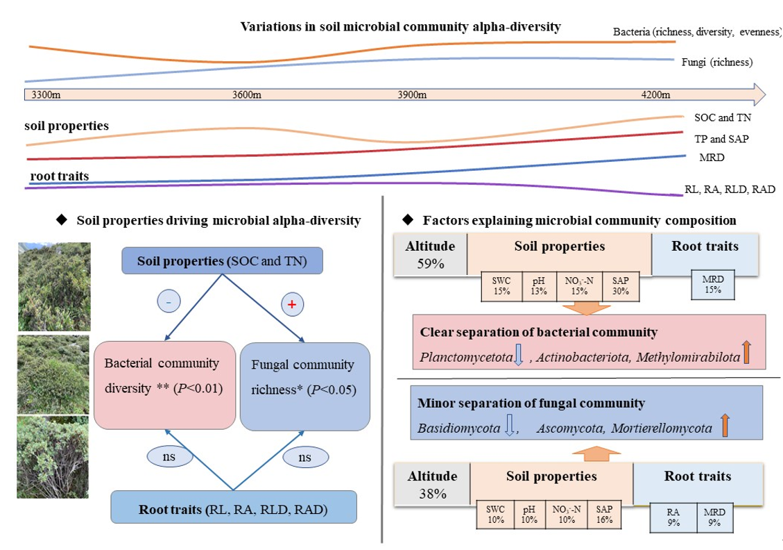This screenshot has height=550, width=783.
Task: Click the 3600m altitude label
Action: tap(246, 95)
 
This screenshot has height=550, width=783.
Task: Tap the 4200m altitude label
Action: tap(655, 95)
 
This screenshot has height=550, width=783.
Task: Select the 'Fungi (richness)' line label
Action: tap(718, 62)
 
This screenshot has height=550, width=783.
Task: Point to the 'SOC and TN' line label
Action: tap(719, 118)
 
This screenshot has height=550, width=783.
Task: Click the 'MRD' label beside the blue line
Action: tap(712, 158)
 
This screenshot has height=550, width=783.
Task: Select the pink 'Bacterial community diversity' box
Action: tap(165, 385)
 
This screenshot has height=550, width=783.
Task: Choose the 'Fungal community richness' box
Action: tap(304, 386)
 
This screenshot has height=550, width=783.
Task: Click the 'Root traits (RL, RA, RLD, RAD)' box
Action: tap(233, 508)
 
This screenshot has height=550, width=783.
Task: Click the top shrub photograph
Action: tap(54, 286)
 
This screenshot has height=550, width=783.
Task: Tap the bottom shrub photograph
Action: tap(53, 456)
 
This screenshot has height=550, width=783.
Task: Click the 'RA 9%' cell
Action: tap(673, 518)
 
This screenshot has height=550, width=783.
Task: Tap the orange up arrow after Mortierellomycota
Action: tap(725, 425)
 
